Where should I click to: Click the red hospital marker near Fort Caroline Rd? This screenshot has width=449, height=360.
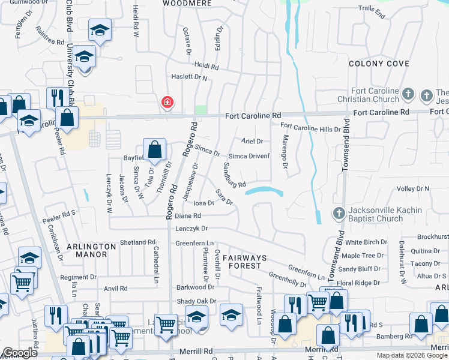[166, 103]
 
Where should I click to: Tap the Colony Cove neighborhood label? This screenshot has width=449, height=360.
[379, 64]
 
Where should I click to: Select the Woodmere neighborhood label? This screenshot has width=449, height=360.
[188, 3]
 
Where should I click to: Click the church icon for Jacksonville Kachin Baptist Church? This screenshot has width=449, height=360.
[339, 213]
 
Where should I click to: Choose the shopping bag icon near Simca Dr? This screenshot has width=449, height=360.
[154, 151]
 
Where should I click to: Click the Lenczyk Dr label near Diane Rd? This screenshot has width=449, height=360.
[191, 229]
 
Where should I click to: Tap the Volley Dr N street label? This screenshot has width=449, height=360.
[414, 188]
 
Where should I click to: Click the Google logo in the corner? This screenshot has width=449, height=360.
[20, 353]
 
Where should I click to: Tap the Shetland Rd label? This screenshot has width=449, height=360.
[137, 242]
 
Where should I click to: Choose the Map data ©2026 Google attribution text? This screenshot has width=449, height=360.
[411, 355]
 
